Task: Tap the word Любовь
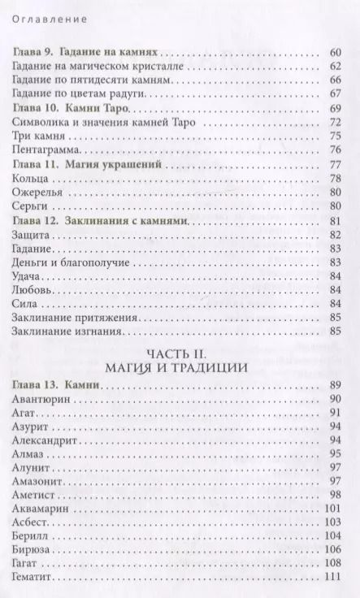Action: (34, 290)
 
